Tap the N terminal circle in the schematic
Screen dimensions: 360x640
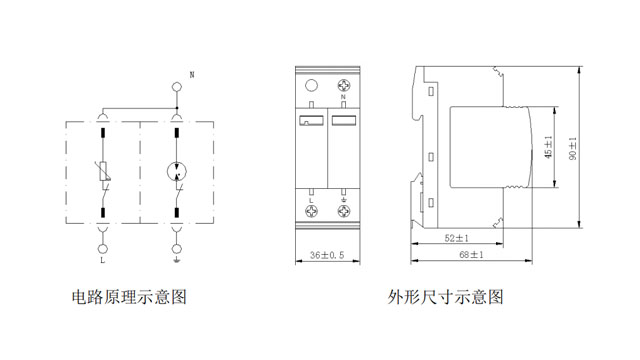click(x=178, y=87)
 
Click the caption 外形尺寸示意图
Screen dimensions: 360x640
click(x=445, y=297)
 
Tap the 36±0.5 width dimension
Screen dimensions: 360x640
click(x=327, y=254)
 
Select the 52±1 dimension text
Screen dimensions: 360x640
click(x=456, y=238)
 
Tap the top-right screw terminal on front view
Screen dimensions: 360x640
click(x=344, y=86)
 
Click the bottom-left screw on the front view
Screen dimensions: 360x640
click(x=312, y=212)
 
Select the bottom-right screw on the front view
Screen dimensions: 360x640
click(x=344, y=212)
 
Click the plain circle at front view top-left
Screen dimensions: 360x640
click(x=312, y=86)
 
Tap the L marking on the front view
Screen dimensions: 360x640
click(x=312, y=198)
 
